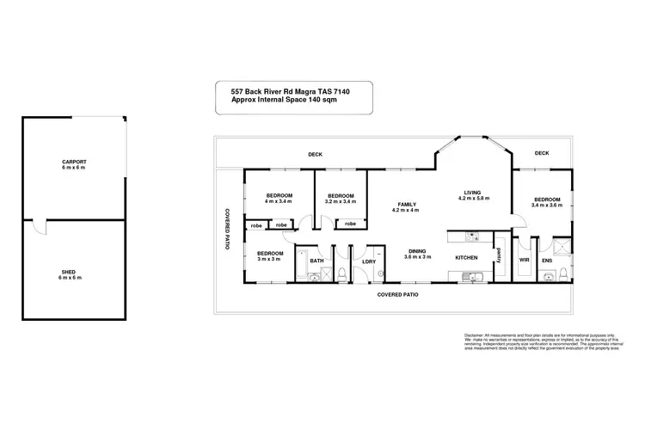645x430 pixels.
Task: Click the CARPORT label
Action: pos(73,161)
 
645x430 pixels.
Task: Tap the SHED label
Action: pos(73,273)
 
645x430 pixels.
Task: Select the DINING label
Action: pos(418,252)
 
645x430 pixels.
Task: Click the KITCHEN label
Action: pos(466,258)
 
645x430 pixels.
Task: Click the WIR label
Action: pos(524,258)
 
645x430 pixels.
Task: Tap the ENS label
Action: pos(547,258)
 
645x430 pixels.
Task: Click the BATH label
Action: pos(316,261)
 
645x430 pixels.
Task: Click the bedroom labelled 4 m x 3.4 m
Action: pos(279,199)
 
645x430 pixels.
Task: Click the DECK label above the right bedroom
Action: pos(541,153)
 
